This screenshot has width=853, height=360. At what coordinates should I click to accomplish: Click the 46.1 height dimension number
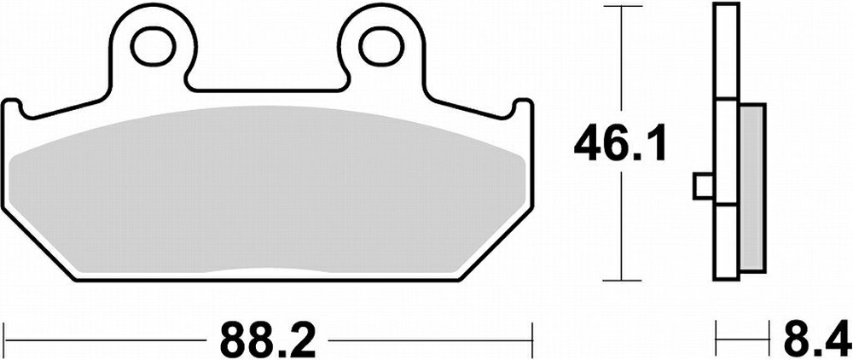click(x=620, y=143)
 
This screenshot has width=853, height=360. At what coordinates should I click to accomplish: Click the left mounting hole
click(x=154, y=47)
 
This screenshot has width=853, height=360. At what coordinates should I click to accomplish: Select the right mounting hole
click(x=382, y=47)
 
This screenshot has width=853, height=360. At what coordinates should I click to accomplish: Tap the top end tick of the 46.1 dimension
click(x=619, y=7)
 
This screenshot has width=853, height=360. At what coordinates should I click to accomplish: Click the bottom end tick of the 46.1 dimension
click(x=619, y=280)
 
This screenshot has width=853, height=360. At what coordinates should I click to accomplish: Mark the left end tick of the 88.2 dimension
click(x=4, y=340)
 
